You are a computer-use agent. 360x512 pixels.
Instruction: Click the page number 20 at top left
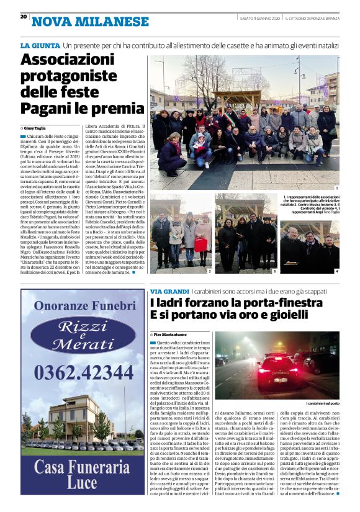[x=24, y=17]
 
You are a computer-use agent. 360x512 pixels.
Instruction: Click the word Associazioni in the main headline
[x=72, y=61]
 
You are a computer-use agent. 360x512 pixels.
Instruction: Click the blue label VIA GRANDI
[x=169, y=291]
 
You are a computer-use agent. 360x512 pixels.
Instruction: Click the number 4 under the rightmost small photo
[x=337, y=271]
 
